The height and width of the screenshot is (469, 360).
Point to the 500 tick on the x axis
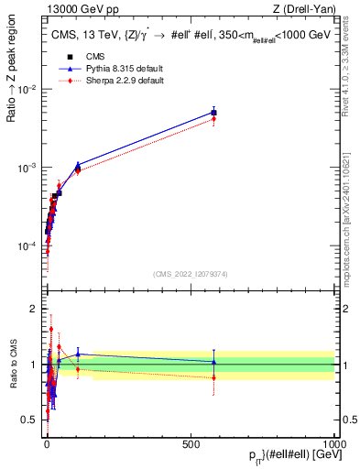tap(191, 442)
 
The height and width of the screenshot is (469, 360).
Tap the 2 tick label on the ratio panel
tap(33, 309)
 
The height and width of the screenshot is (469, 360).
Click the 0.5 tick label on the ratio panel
tap(30, 420)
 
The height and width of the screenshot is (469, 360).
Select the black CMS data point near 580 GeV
tap(213, 113)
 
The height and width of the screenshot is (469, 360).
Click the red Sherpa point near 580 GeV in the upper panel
tap(213, 119)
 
